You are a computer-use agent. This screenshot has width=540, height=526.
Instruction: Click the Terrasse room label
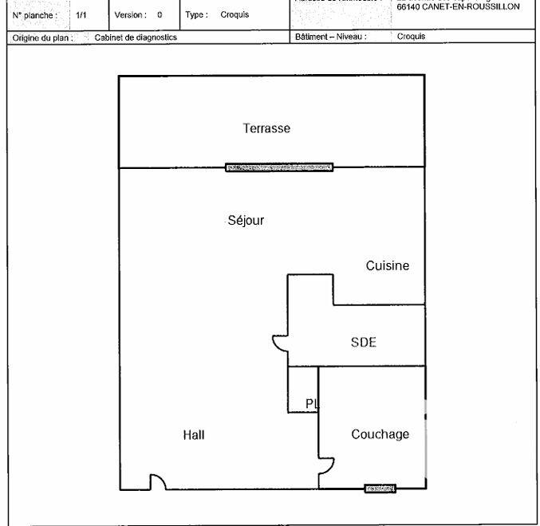pyautogui.click(x=266, y=128)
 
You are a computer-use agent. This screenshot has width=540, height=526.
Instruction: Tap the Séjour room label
pyautogui.click(x=246, y=221)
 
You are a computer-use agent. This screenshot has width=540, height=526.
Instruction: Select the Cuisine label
pyautogui.click(x=388, y=266)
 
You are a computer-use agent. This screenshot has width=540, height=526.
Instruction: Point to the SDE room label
pyautogui.click(x=363, y=343)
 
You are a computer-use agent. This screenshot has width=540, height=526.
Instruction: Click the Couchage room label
pyautogui.click(x=380, y=434)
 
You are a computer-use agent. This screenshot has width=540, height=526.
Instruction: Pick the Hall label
pyautogui.click(x=194, y=435)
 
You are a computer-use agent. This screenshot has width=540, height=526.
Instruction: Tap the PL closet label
pyautogui.click(x=312, y=404)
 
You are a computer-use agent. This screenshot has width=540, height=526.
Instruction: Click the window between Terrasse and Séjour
pyautogui.click(x=279, y=167)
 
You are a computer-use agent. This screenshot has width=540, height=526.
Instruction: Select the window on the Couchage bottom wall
pyautogui.click(x=380, y=489)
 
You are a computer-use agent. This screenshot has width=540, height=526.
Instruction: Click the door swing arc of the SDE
pyautogui.click(x=280, y=343)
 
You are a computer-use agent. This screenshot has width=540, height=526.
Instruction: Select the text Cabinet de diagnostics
pyautogui.click(x=136, y=37)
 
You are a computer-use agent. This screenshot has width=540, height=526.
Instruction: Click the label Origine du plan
pyautogui.click(x=43, y=37)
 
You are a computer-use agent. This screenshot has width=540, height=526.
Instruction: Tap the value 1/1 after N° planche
pyautogui.click(x=81, y=14)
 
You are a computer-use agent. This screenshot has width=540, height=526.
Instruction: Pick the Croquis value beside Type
pyautogui.click(x=235, y=14)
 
